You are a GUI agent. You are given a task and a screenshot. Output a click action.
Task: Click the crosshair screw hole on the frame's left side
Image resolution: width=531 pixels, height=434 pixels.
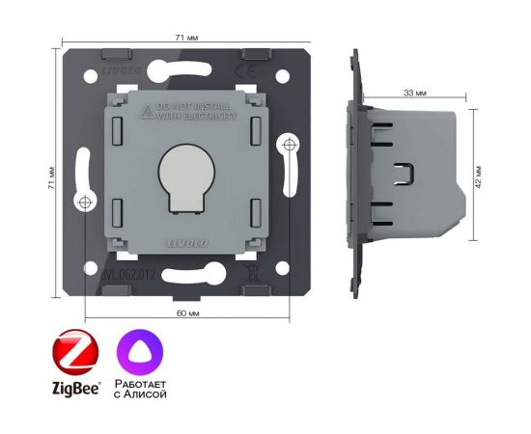[85, 203]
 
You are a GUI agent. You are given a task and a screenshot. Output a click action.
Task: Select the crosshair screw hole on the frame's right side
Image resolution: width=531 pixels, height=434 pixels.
[289, 146]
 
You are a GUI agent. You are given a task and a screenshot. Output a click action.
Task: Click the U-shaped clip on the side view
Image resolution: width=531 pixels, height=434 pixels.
[405, 176]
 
